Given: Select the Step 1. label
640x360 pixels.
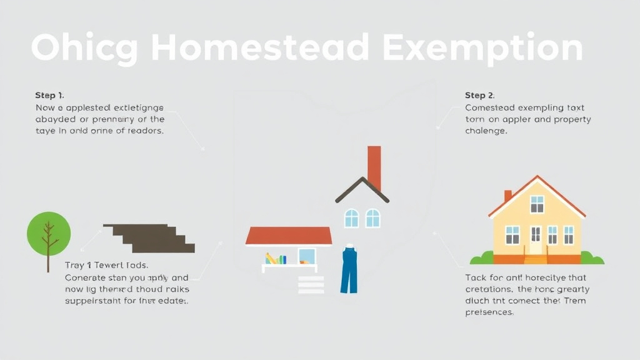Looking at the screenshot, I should pos(49,96).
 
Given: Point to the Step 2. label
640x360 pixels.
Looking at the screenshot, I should pos(479,96).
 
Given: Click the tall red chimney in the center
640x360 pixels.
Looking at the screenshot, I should pos(374,167).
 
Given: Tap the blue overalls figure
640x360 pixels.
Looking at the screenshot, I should pos(349,270).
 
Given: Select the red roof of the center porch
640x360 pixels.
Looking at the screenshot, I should pos(289,236).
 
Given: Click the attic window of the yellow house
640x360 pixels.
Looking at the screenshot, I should pos(537,204).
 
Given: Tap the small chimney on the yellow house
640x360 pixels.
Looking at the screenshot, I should pos(508,195).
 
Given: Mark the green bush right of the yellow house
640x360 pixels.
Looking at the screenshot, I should pos(591,257).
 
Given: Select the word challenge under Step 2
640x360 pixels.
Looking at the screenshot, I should pos(486,131).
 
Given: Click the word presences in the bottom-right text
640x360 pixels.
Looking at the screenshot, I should pos(489,312).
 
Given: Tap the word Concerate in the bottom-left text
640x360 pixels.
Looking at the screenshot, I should pos(87,277).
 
